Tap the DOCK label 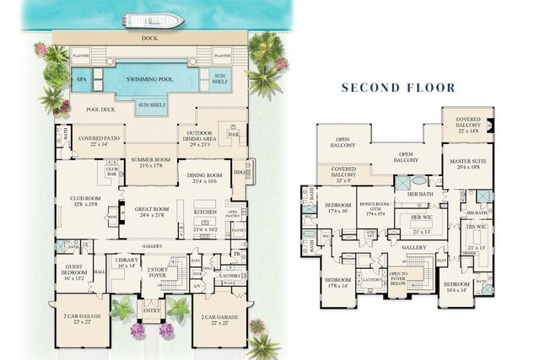[x=151, y=37]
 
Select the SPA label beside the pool [x=82, y=80]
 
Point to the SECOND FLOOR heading [x=398, y=87]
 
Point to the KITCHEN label [x=206, y=212]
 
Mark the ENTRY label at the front [x=152, y=311]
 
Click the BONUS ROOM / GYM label [x=376, y=207]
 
